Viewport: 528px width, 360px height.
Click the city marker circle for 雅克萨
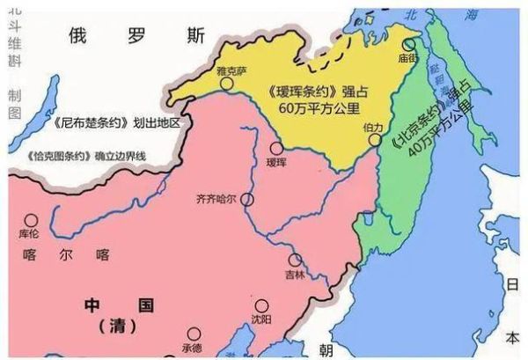[x=228, y=84]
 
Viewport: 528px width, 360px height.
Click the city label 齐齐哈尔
[x=216, y=199]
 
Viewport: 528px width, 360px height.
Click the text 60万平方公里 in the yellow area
[x=304, y=107]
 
